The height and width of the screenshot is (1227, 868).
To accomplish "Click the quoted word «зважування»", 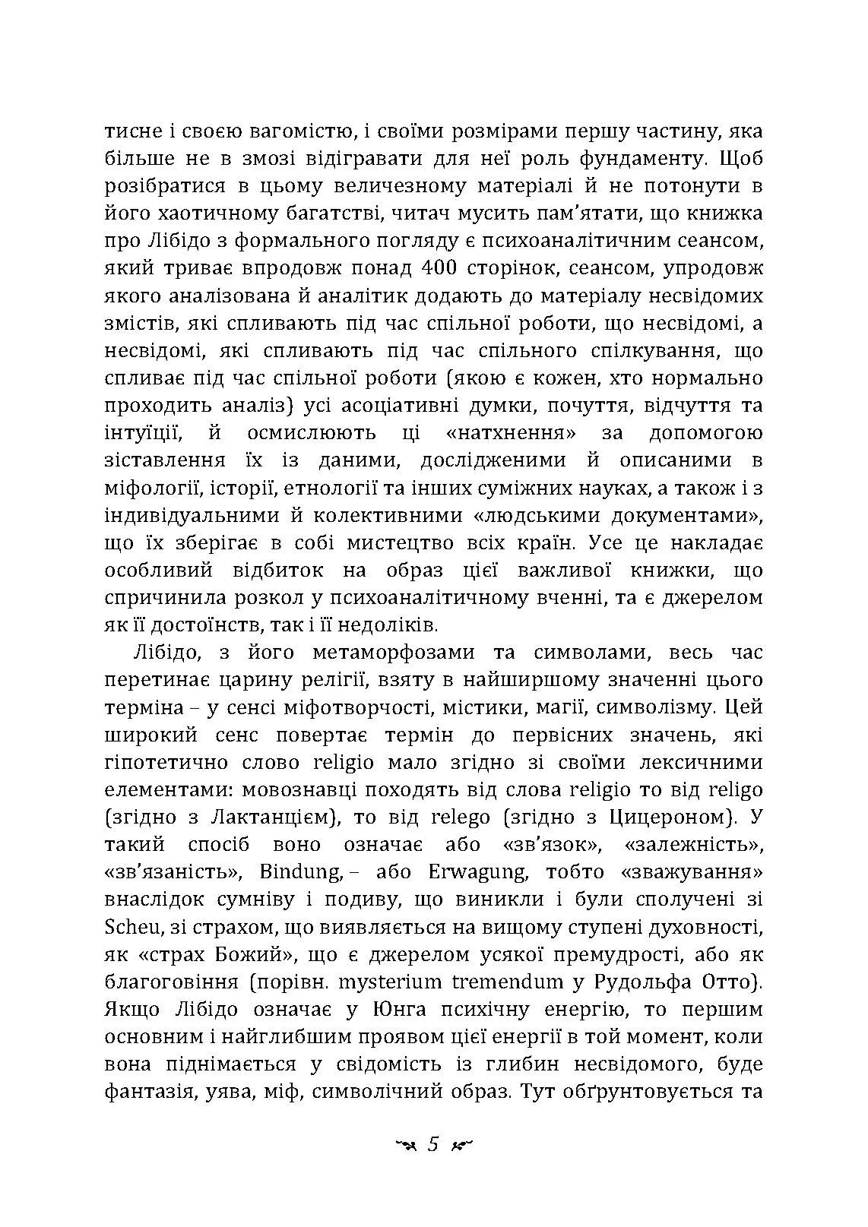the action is [691, 872].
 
